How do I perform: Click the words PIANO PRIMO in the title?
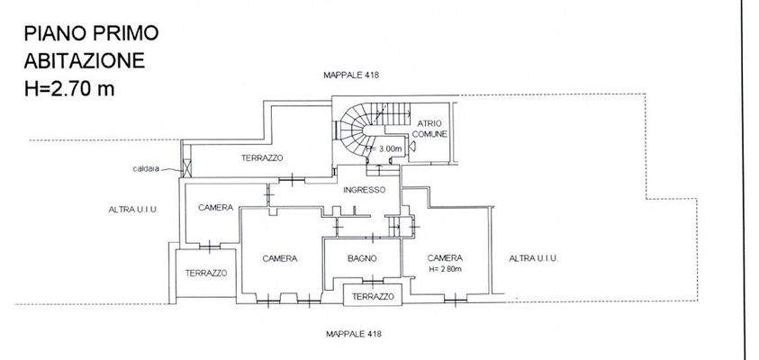point(91,34)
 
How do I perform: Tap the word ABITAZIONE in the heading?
point(82,61)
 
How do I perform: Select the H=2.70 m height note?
point(69,88)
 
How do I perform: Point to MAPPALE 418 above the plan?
point(351,76)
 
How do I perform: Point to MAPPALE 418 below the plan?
point(353,334)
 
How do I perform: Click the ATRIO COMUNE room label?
point(429,128)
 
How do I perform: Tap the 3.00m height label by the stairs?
point(386,148)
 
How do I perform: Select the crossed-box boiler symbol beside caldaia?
point(186,167)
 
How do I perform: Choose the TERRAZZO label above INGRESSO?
point(262,158)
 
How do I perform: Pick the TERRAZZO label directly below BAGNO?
point(373,297)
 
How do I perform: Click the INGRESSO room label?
point(364,190)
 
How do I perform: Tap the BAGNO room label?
point(362,258)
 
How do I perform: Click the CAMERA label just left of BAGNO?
point(279,258)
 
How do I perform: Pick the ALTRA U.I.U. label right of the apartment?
point(533,258)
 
